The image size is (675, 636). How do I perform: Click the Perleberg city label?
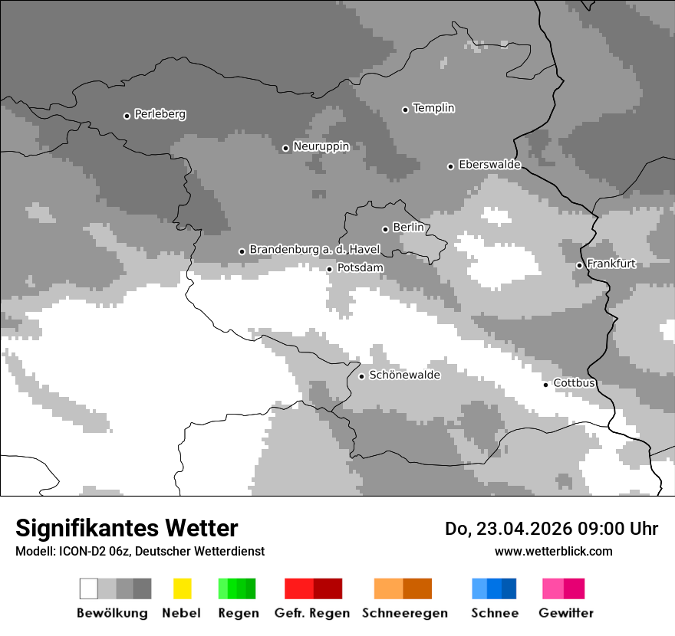pos(160,114)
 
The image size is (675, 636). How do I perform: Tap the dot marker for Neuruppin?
pos(285,148)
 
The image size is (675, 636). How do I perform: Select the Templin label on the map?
pos(433,108)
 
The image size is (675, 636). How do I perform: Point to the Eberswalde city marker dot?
pos(450,166)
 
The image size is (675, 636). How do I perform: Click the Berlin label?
pos(408,228)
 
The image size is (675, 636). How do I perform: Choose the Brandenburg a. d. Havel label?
pos(314,250)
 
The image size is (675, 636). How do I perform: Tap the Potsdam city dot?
pos(329,269)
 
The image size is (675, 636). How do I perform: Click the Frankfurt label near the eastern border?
pos(611,264)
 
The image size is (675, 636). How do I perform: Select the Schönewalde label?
pos(404,375)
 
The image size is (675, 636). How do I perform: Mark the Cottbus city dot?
pos(545,385)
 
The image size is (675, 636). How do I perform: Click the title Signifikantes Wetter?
pos(127,528)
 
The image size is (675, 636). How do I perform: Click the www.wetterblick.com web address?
pos(553,551)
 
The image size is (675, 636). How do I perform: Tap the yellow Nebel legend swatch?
pos(182,588)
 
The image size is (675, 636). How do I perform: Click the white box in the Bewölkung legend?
pos(88,588)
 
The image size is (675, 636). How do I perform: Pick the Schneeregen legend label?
pos(404,613)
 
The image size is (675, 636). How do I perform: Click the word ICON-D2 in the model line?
pos(84,551)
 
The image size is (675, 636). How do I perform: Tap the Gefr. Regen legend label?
pos(311,613)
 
